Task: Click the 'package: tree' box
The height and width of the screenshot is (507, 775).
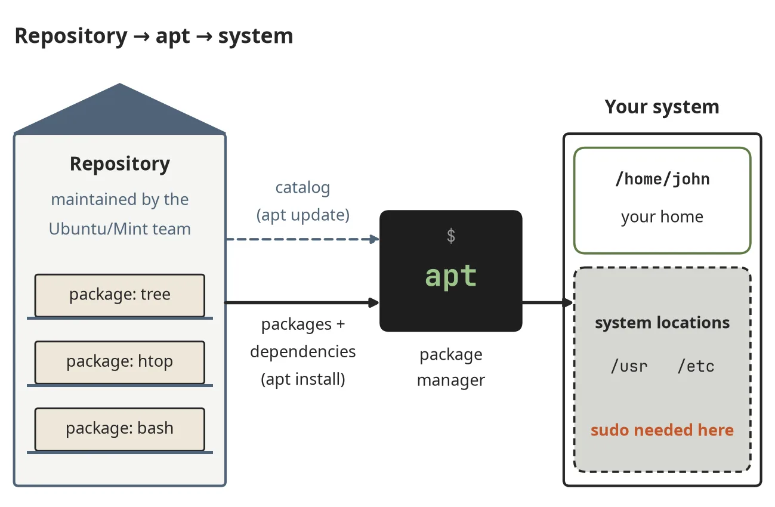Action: point(120,295)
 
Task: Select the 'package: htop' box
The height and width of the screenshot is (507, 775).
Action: point(120,362)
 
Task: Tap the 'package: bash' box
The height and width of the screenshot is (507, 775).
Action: point(120,429)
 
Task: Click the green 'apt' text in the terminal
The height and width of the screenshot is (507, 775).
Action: point(451,276)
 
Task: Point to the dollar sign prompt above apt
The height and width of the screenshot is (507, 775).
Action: point(451,236)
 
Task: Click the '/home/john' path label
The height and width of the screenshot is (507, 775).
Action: point(662,179)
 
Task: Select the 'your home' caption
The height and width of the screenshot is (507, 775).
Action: point(662,217)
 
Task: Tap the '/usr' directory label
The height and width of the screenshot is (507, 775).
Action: point(629,366)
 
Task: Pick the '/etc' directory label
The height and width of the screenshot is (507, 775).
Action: point(696,366)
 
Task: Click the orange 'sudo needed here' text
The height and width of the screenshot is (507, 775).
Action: point(662,430)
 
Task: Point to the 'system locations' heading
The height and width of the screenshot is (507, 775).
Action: point(662,323)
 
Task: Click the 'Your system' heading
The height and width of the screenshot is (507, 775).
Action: point(662,107)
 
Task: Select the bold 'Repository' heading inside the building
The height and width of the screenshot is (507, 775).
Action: point(120,164)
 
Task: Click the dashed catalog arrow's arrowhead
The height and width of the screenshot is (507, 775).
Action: point(374,239)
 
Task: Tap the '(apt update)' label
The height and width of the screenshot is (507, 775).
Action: point(303,215)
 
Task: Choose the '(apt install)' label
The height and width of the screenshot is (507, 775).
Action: point(303,379)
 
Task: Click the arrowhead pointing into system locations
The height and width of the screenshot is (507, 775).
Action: point(568,302)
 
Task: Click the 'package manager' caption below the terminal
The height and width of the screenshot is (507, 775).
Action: point(451,367)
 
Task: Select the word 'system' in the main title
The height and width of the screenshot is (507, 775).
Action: point(256,36)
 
